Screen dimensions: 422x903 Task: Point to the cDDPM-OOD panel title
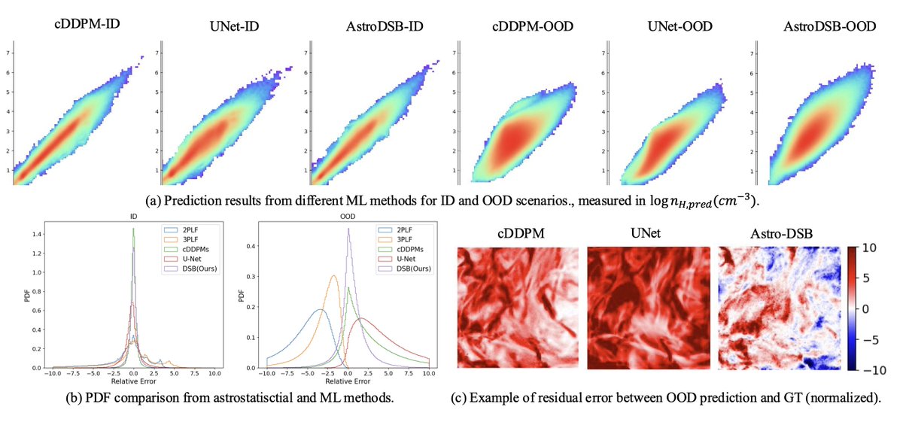(521, 27)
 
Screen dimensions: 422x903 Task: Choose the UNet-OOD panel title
(668, 27)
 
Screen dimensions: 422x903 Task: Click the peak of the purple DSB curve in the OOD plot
(348, 230)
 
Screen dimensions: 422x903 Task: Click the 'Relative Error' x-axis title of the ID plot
(133, 381)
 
